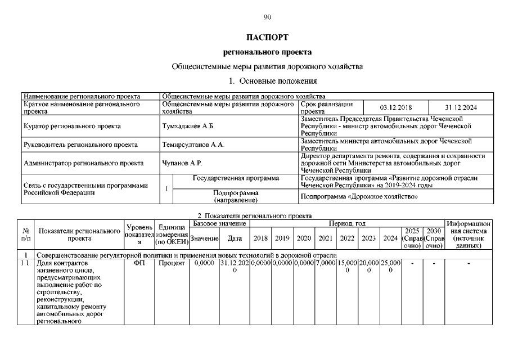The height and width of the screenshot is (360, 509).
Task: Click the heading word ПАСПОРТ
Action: pyautogui.click(x=267, y=38)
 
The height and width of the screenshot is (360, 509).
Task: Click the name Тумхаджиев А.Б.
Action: pyautogui.click(x=188, y=126)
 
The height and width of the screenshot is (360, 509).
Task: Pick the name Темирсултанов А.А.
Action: pyautogui.click(x=193, y=145)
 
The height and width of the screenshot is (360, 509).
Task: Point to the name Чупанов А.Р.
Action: pyautogui.click(x=182, y=163)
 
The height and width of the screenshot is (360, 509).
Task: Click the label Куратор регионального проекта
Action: pyautogui.click(x=72, y=126)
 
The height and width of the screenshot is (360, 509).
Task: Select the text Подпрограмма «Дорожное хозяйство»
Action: pyautogui.click(x=359, y=197)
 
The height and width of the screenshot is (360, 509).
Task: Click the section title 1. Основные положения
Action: pyautogui.click(x=267, y=81)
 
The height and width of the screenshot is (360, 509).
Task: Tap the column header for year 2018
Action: pyautogui.click(x=260, y=238)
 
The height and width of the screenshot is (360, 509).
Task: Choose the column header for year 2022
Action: pyautogui.click(x=347, y=238)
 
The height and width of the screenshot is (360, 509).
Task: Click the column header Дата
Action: pyautogui.click(x=234, y=238)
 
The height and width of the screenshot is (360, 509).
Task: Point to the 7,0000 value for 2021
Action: pyautogui.click(x=325, y=263)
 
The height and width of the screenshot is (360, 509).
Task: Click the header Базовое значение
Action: pyautogui.click(x=219, y=224)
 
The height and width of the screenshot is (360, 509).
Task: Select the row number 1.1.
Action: pyautogui.click(x=25, y=263)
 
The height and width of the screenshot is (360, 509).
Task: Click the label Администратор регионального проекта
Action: pyautogui.click(x=79, y=163)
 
